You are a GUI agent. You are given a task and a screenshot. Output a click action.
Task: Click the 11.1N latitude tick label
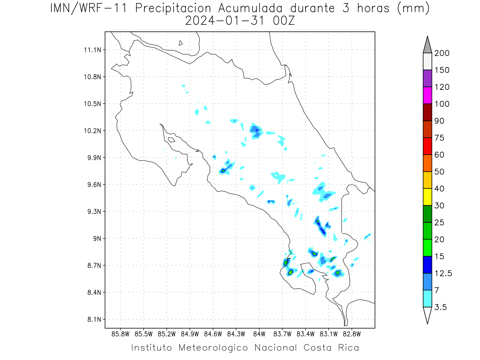click(x=92, y=50)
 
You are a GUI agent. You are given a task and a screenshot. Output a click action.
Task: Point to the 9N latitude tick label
click(x=97, y=238)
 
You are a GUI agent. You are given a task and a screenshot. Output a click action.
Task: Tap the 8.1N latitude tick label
click(x=94, y=319)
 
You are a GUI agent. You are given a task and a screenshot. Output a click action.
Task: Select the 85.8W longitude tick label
click(x=120, y=334)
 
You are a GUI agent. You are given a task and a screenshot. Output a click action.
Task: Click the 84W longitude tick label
click(x=259, y=334)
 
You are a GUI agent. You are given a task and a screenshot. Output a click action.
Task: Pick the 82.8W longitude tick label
click(x=352, y=334)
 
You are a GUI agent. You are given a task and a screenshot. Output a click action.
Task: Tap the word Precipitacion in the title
click(x=173, y=8)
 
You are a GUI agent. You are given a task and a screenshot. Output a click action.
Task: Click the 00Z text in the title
click(x=284, y=21)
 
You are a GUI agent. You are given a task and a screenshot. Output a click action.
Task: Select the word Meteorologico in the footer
click(x=213, y=348)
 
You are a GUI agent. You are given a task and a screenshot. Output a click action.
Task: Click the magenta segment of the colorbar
click(x=427, y=95)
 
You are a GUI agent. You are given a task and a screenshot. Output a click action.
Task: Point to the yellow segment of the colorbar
click(x=427, y=197)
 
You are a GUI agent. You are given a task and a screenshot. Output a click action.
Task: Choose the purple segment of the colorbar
click(x=427, y=78)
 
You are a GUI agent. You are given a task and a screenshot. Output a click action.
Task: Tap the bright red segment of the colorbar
click(x=427, y=146)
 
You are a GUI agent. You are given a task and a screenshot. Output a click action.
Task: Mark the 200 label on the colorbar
click(x=442, y=53)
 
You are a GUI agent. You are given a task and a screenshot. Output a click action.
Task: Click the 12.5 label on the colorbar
click(x=443, y=274)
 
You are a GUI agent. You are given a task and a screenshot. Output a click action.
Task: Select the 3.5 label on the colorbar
click(x=440, y=307)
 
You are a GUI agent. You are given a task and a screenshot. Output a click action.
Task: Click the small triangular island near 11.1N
click(x=180, y=43)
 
